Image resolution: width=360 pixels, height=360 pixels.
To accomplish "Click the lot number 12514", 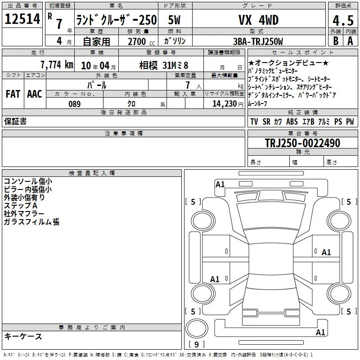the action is (22, 19).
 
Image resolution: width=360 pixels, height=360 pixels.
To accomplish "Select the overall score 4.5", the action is (343, 20).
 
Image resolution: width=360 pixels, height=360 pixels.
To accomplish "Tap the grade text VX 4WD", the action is (259, 20).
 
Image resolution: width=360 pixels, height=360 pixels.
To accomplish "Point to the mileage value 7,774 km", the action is (57, 65).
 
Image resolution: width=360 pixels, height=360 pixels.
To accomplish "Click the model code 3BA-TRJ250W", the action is (258, 41).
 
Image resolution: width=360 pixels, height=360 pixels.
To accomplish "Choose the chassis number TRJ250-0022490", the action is (302, 143).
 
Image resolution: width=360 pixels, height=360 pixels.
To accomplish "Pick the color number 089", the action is (74, 104).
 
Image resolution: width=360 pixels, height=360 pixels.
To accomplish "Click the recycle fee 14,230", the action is (224, 104).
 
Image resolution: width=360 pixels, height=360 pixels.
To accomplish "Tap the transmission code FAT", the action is (13, 94).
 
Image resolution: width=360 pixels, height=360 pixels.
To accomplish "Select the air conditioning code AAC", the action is (35, 94).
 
